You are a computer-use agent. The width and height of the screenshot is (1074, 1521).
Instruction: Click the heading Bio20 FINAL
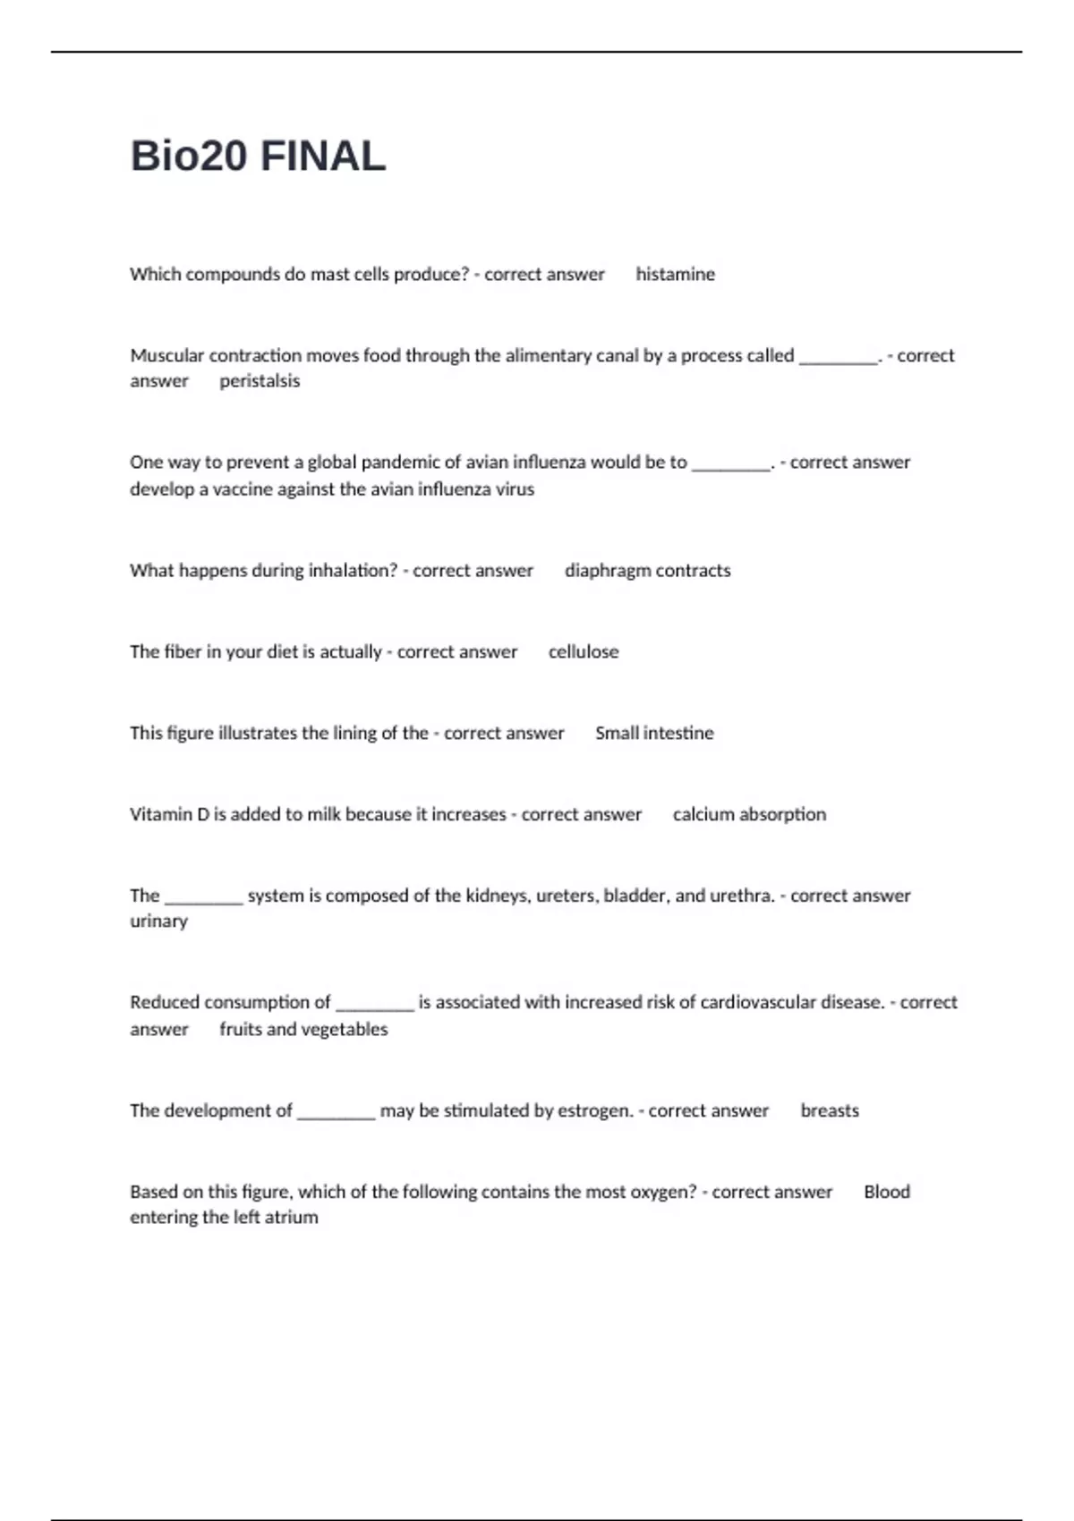(258, 156)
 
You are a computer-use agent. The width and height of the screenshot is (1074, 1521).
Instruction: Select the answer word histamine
(675, 274)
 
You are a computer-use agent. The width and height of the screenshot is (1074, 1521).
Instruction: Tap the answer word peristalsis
(260, 381)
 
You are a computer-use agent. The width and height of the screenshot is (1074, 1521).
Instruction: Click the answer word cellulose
(584, 652)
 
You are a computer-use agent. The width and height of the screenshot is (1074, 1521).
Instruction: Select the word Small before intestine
(617, 733)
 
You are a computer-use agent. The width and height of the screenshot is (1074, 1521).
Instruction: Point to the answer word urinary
(158, 922)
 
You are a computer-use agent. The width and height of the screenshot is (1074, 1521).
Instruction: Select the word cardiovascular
(758, 1002)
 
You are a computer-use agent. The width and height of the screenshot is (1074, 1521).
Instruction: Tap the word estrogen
(594, 1110)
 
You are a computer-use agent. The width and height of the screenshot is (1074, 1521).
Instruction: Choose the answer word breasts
(830, 1110)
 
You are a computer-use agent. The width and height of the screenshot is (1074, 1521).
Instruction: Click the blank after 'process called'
(838, 358)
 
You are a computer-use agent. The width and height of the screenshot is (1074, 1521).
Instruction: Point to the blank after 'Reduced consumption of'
(374, 1005)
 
